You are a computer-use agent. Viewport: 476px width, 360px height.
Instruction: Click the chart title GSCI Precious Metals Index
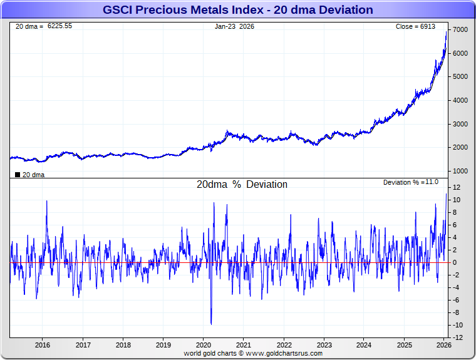point(237,10)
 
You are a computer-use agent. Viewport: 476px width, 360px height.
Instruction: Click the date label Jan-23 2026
point(234,26)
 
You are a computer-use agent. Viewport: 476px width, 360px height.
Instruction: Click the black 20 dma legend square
point(17,175)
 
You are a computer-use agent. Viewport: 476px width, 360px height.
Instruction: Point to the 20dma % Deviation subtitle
point(242,185)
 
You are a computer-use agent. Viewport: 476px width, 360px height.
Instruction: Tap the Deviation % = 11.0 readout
point(411,182)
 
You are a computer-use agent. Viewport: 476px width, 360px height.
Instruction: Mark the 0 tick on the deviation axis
point(456,262)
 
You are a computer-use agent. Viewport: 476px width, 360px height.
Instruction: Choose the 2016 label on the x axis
point(43,345)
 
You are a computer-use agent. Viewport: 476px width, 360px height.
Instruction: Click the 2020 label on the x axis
point(204,345)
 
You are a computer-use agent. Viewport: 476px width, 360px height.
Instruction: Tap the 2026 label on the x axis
point(443,345)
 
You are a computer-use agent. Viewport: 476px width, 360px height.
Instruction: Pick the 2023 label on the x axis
point(324,345)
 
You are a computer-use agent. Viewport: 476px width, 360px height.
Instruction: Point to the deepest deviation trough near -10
point(211,324)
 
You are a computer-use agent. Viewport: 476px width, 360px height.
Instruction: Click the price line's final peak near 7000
point(446,31)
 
